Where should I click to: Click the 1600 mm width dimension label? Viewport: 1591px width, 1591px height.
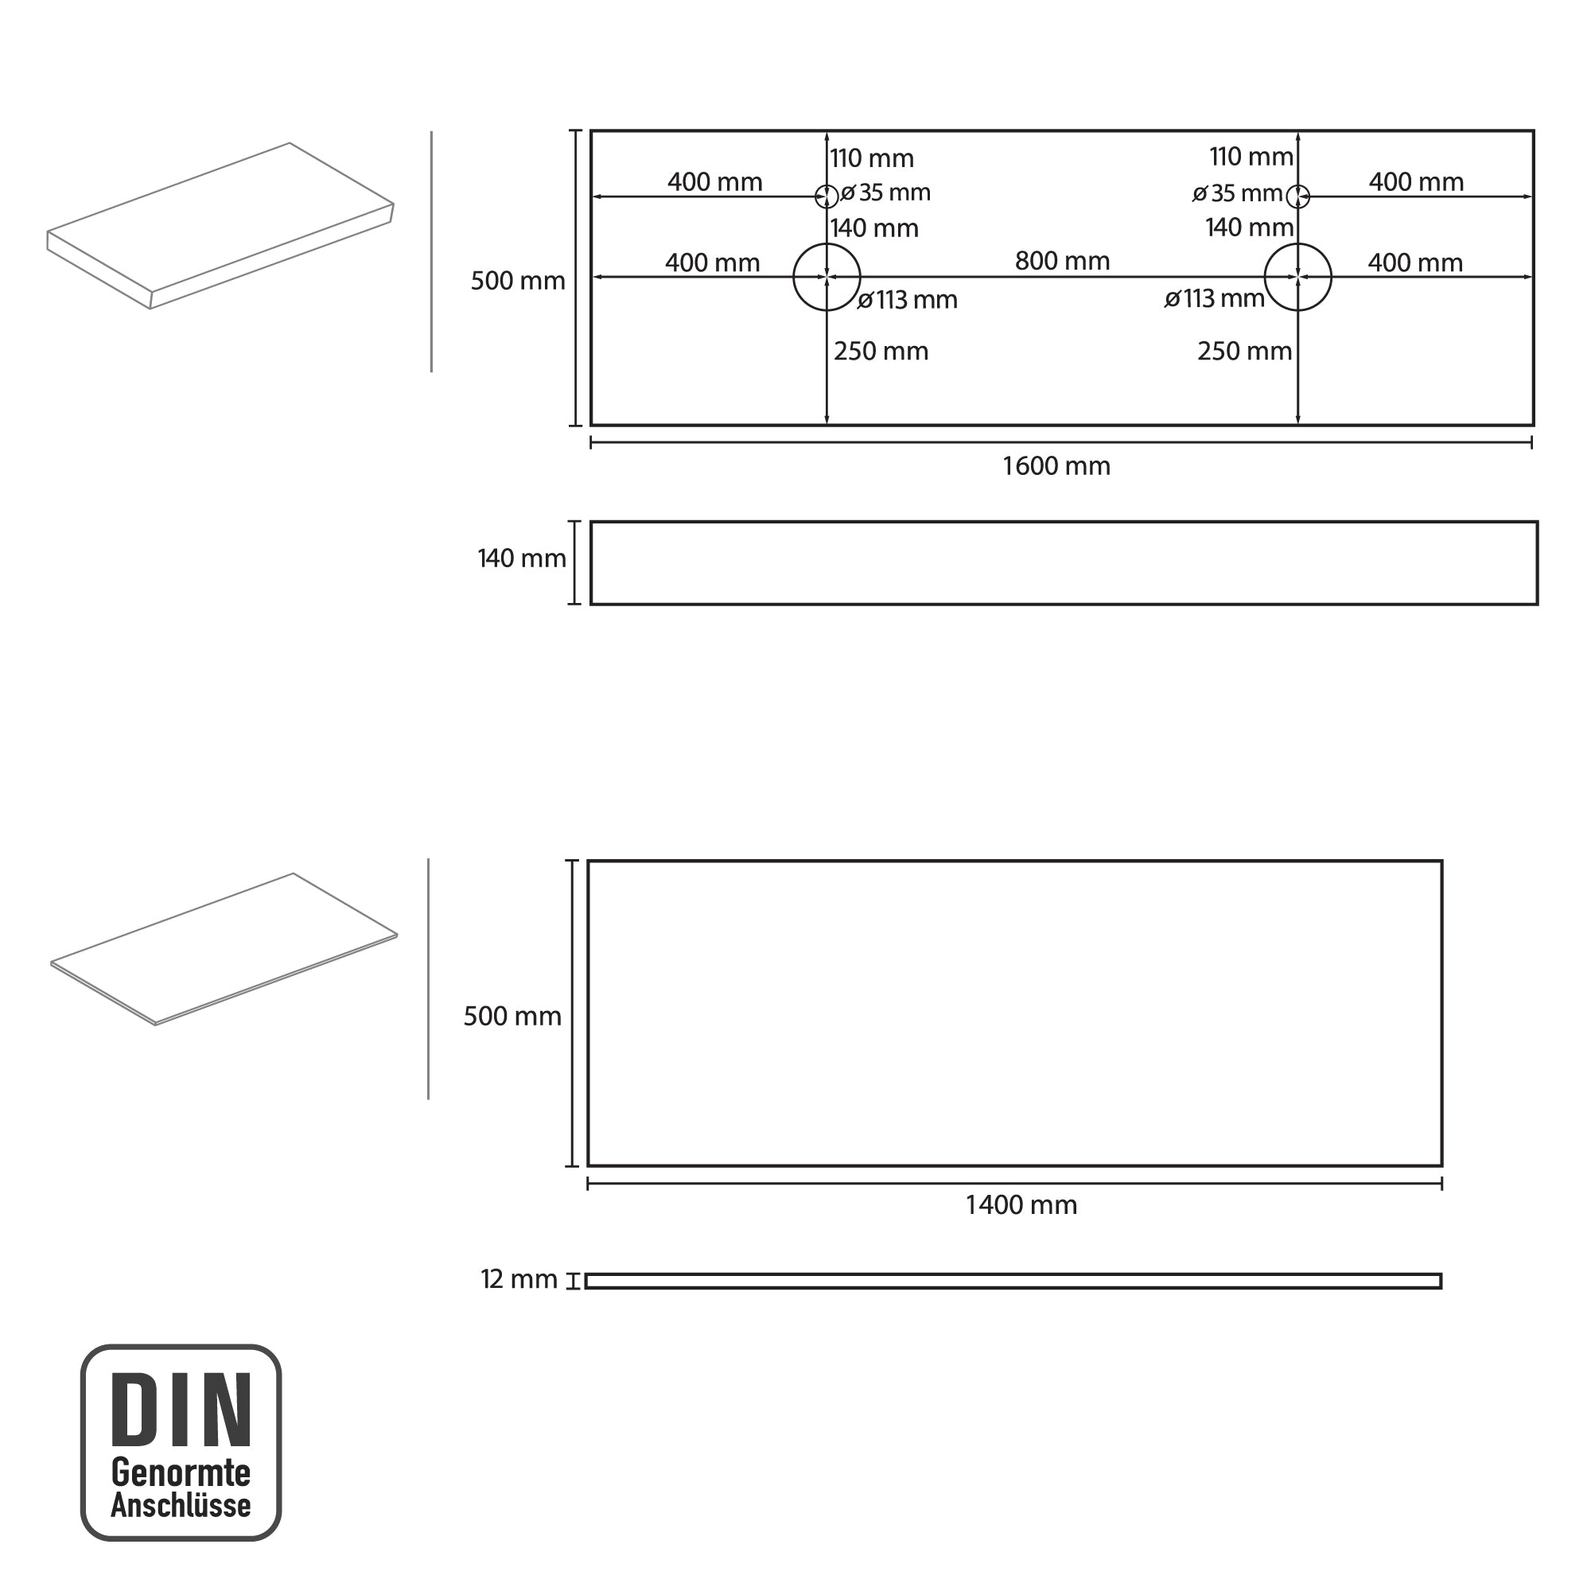(x=1056, y=466)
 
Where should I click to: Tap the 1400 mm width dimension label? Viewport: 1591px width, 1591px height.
(x=1021, y=1206)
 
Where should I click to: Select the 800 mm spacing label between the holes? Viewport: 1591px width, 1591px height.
(x=1062, y=261)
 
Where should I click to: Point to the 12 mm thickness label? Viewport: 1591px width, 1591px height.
(x=519, y=1280)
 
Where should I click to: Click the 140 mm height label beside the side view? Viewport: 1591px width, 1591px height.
(x=522, y=559)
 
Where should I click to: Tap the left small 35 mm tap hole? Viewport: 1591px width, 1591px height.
(x=827, y=185)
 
